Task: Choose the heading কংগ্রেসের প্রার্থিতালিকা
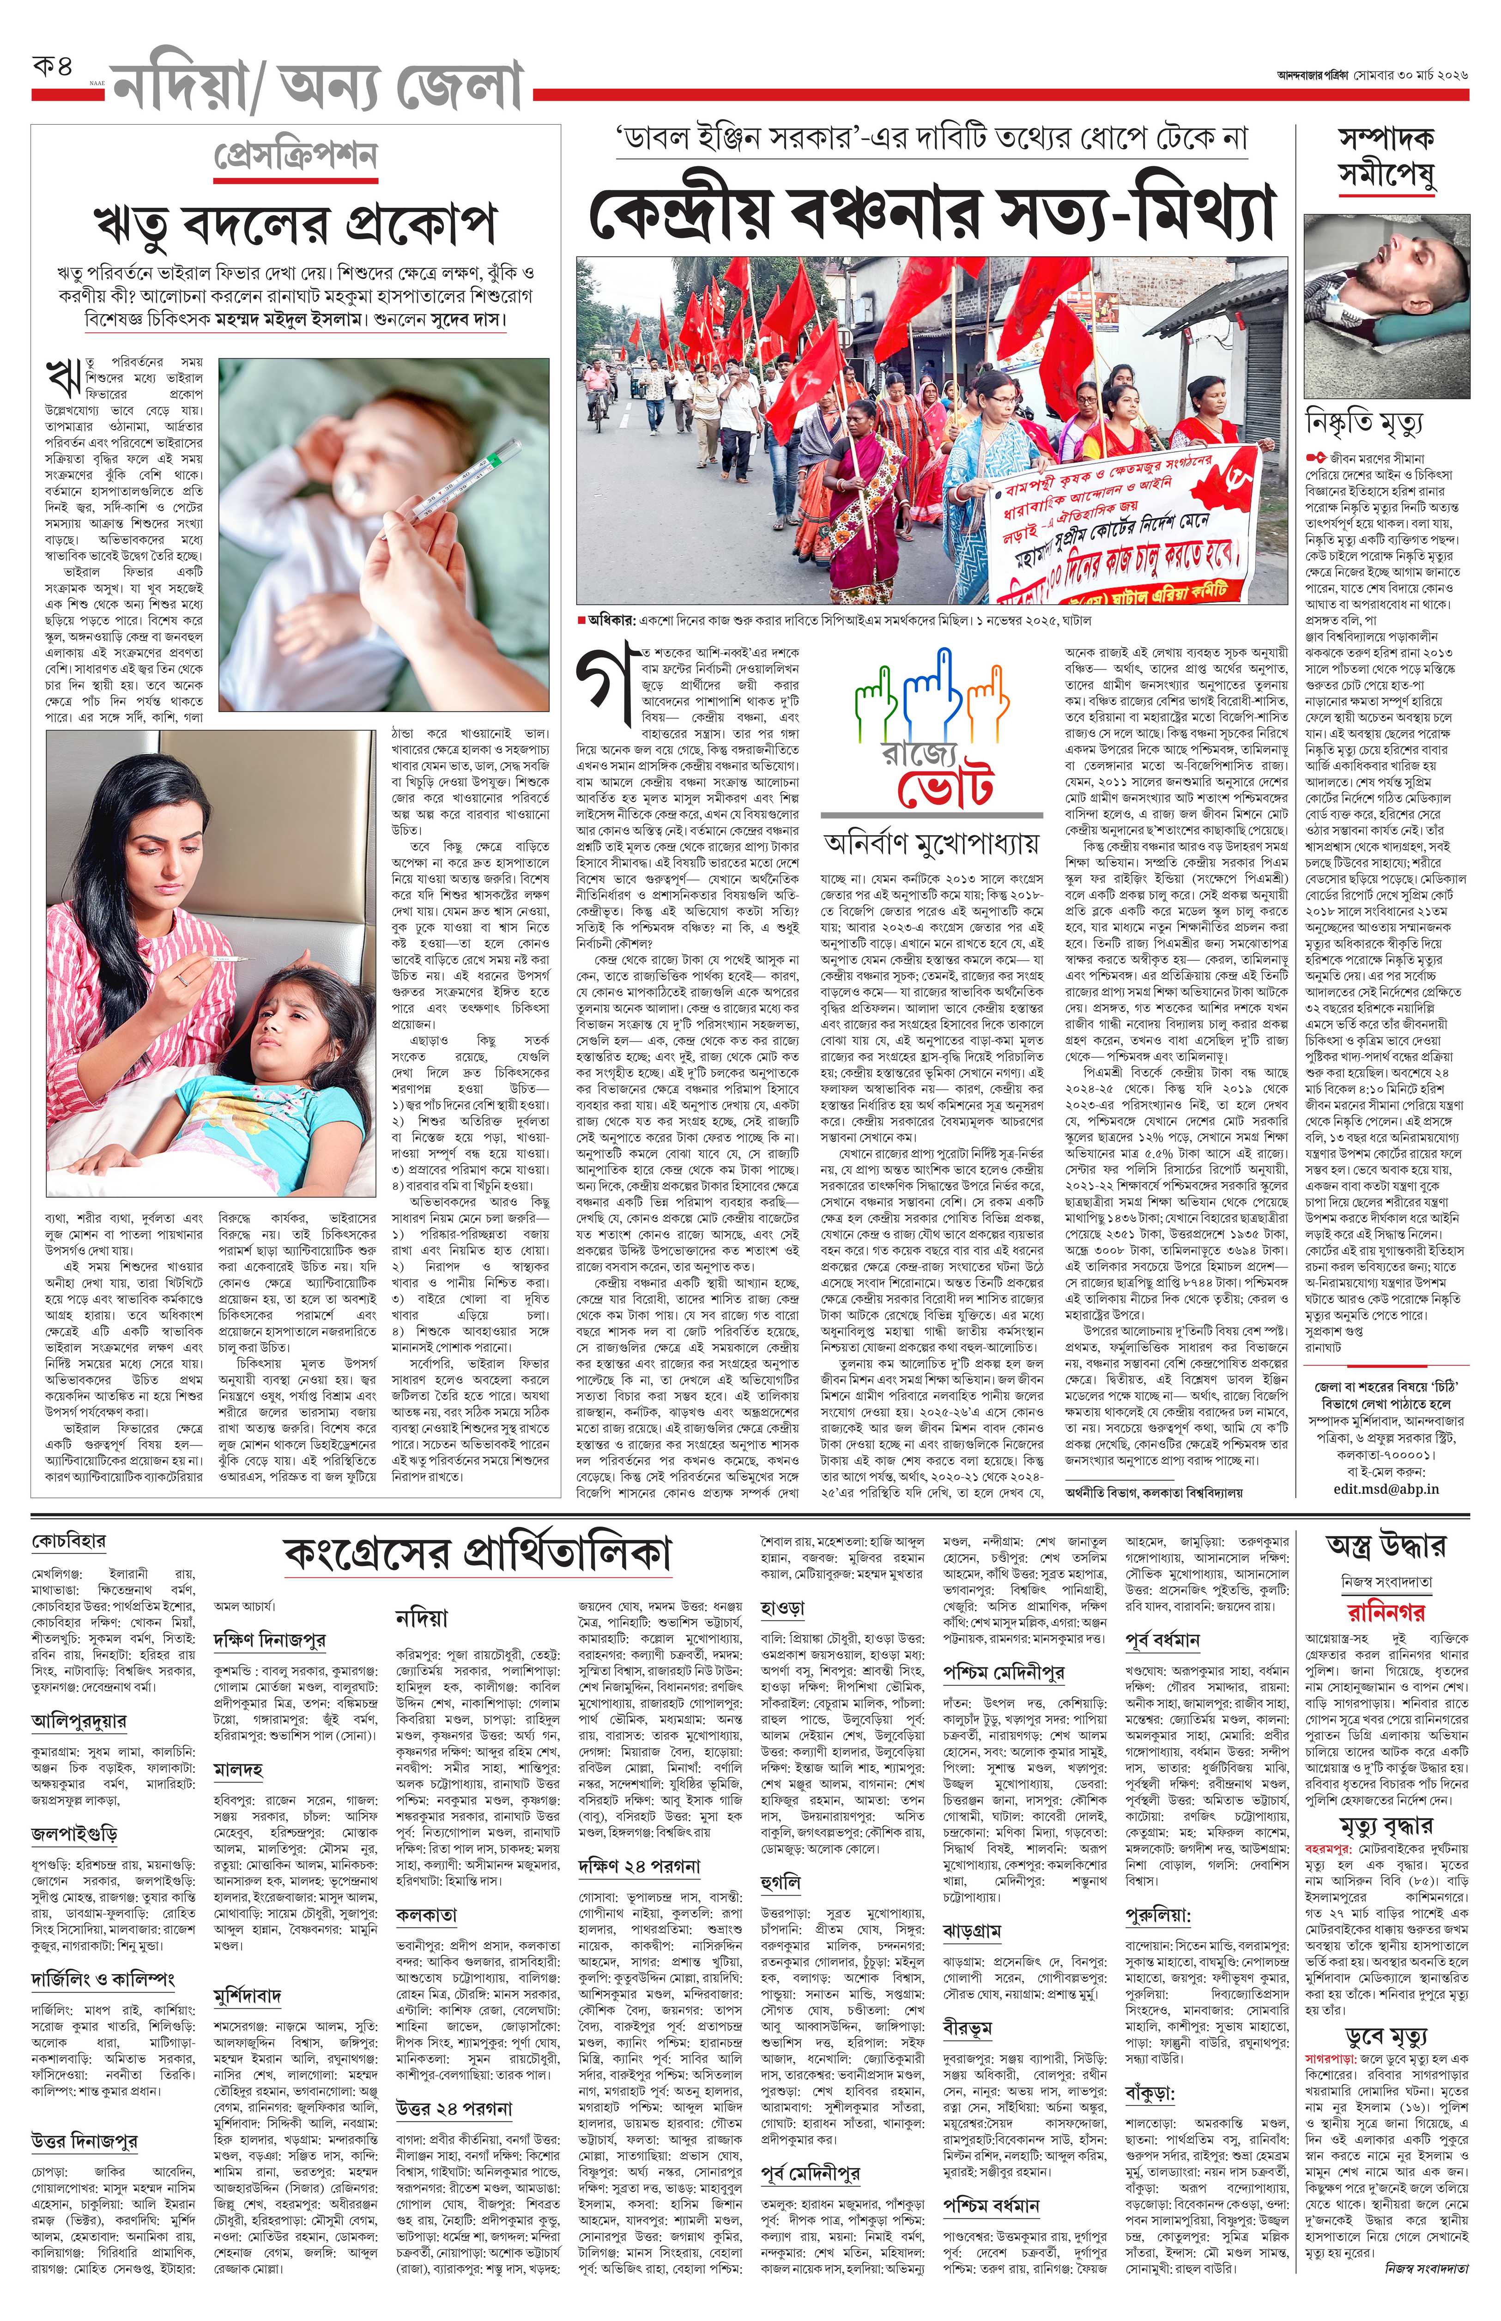pos(478,1556)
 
